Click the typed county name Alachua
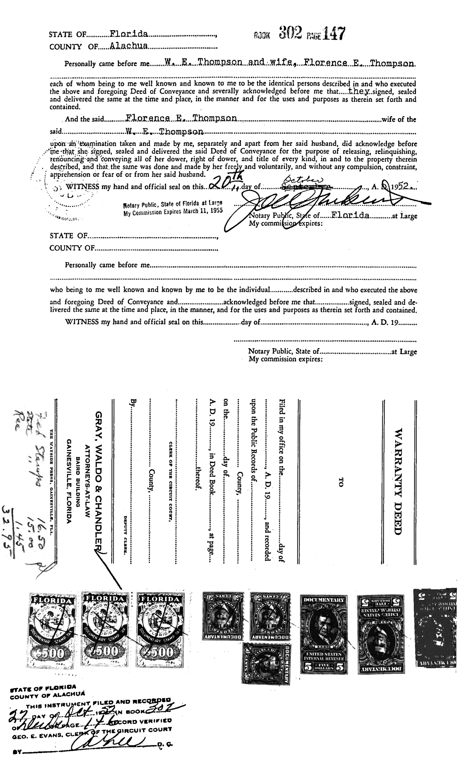click(x=129, y=46)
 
